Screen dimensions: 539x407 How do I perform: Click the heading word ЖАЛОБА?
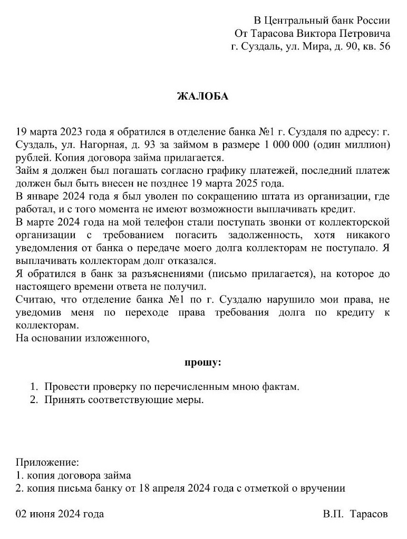203,96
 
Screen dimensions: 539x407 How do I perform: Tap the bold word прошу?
203,362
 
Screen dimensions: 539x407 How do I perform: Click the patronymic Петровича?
363,34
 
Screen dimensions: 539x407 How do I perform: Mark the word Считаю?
34,300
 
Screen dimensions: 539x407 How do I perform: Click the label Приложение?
47,463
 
